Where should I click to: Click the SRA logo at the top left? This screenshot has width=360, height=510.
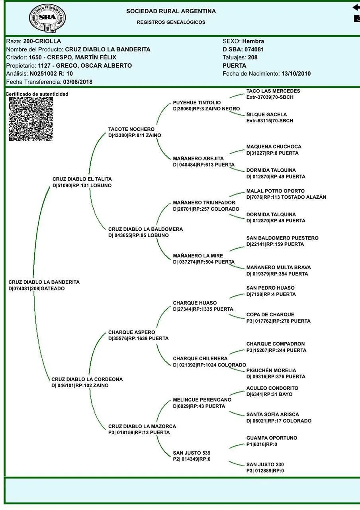pos(47,18)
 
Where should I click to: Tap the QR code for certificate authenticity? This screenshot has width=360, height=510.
pos(31,119)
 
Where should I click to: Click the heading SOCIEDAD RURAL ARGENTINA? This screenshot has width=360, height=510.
pos(171,11)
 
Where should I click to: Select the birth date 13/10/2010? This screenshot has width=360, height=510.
pos(296,74)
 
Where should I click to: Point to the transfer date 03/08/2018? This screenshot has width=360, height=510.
pos(78,82)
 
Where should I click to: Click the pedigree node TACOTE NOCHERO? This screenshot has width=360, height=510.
pos(131,129)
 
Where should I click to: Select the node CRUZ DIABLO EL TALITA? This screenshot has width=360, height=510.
pos(82,179)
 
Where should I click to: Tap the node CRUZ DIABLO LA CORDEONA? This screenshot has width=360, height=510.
pos(87,379)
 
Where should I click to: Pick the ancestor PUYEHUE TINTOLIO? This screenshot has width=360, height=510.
pos(197,103)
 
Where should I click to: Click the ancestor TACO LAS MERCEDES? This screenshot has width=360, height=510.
pos(273,91)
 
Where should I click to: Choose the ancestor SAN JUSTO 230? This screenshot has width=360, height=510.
pos(265,465)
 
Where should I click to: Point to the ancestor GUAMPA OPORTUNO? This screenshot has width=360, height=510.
pos(272,438)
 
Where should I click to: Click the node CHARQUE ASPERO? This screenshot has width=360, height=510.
pos(132,332)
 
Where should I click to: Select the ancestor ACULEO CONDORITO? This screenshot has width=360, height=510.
pos(272,388)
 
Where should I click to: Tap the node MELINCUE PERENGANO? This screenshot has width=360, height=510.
pos(202,400)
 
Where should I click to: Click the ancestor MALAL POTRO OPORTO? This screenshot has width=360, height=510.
pos(276,191)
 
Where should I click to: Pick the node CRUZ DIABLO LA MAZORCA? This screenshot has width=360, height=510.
pos(142,426)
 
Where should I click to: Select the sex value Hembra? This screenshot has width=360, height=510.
pos(253,41)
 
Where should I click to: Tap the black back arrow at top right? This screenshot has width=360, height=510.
pos(356,7)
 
